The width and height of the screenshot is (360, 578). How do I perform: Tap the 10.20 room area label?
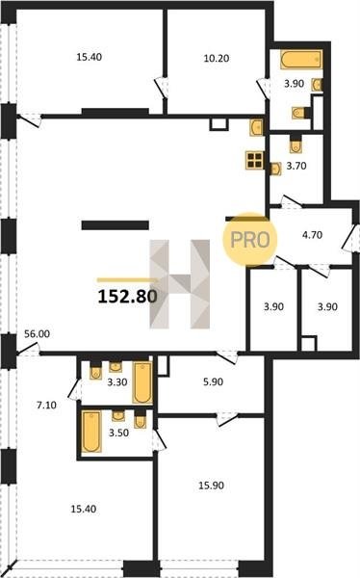pyautogui.click(x=217, y=58)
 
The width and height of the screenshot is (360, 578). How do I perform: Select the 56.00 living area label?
pyautogui.click(x=37, y=334)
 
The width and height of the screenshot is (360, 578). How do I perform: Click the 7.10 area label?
pyautogui.click(x=46, y=406)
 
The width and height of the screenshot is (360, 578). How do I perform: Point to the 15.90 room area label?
pyautogui.click(x=211, y=486)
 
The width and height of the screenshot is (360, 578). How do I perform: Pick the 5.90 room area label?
pyautogui.click(x=214, y=381)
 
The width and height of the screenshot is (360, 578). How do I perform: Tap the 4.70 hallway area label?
pyautogui.click(x=313, y=235)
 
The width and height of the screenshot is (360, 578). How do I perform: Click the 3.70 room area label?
pyautogui.click(x=296, y=166)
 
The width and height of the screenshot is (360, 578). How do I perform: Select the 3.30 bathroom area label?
pyautogui.click(x=117, y=382)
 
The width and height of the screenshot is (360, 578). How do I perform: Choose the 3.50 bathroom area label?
pyautogui.click(x=118, y=433)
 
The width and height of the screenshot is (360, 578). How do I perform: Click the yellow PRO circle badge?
pyautogui.click(x=250, y=239)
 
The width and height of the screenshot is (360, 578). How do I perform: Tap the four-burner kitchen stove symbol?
pyautogui.click(x=254, y=160)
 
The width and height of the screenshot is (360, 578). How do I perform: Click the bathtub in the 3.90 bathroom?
pyautogui.click(x=301, y=60)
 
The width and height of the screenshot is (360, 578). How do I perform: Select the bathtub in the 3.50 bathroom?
pyautogui.click(x=91, y=432)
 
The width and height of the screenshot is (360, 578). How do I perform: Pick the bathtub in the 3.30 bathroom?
pyautogui.click(x=142, y=382)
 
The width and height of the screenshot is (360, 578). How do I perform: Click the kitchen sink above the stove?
pyautogui.click(x=256, y=127)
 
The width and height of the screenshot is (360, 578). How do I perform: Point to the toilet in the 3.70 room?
pyautogui.click(x=296, y=144)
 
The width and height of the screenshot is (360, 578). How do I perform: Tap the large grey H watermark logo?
pyautogui.click(x=180, y=284)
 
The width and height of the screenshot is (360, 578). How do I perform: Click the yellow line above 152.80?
pyautogui.click(x=127, y=280)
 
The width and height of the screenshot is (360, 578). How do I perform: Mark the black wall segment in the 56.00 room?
pyautogui.click(x=115, y=224)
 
